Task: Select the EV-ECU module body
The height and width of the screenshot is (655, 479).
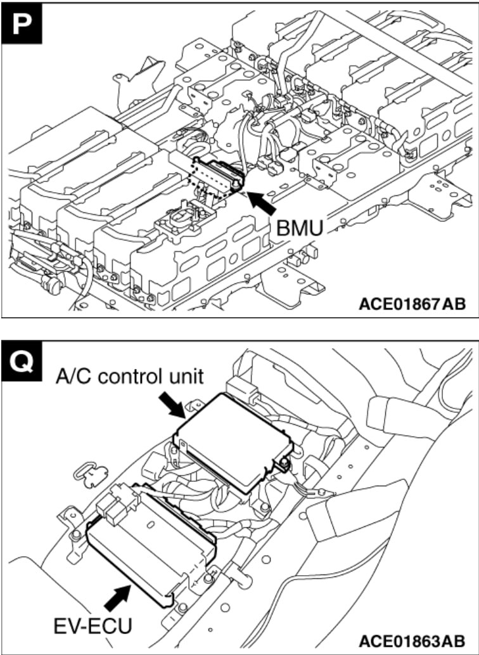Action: click(x=149, y=545)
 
